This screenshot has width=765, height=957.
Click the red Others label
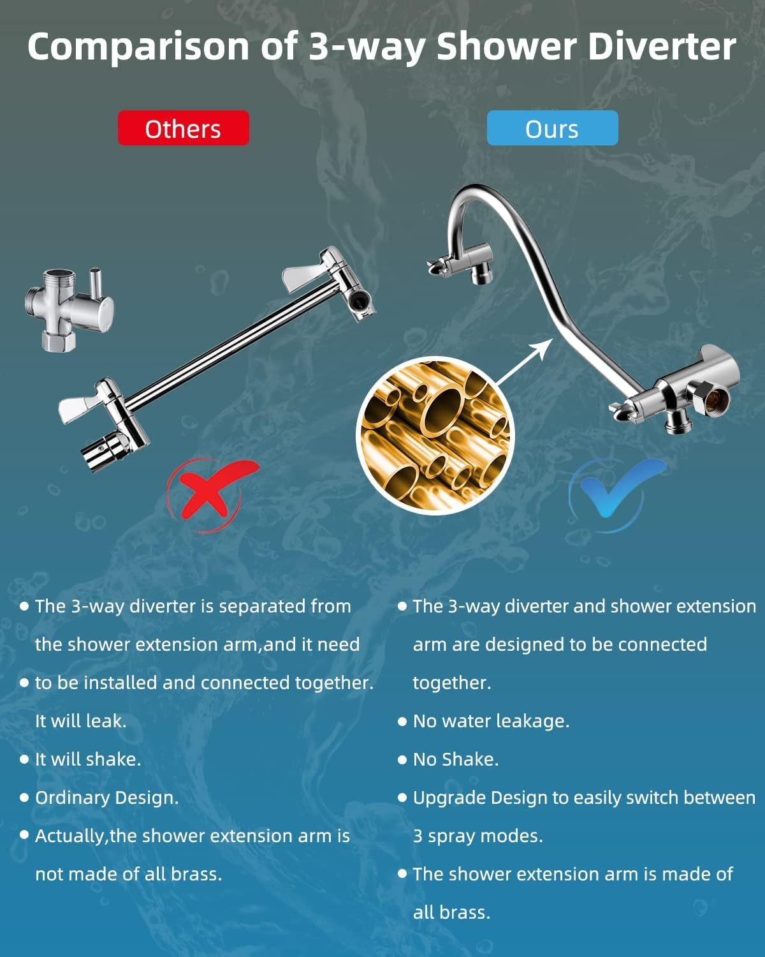(183, 128)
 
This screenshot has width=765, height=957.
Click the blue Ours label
(552, 128)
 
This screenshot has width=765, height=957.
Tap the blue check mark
(617, 491)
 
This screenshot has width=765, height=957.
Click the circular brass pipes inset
(435, 435)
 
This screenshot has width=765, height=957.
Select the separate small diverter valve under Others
(69, 309)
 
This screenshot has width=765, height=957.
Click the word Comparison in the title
(137, 47)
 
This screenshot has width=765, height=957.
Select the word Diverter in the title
(662, 46)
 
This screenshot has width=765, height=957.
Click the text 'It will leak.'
(81, 721)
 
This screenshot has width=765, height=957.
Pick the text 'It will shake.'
(88, 759)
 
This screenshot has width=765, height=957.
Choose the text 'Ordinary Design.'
(106, 798)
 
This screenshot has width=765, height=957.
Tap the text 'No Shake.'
(456, 759)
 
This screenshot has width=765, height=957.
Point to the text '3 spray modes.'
(478, 836)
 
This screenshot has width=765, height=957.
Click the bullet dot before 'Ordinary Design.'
(24, 797)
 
